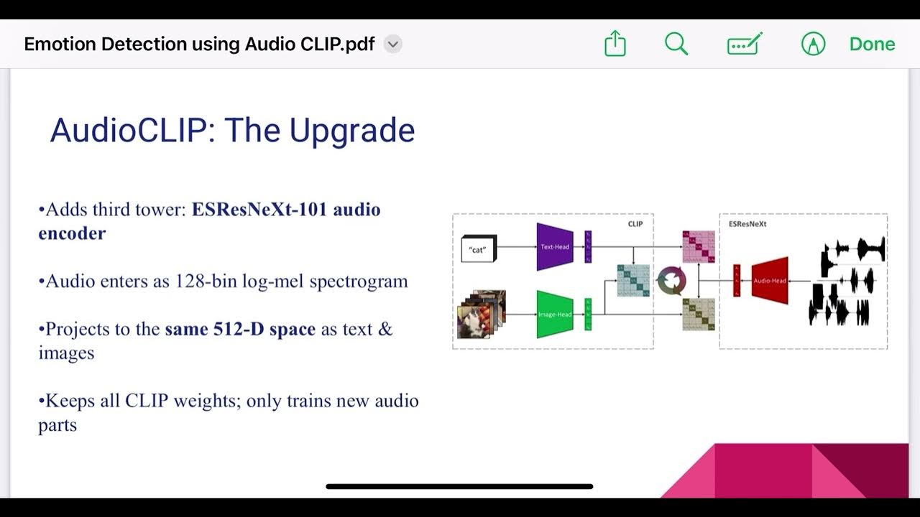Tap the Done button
point(872,45)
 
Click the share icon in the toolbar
point(615,45)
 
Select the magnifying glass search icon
point(676,45)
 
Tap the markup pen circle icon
point(813,45)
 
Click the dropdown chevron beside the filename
point(392,45)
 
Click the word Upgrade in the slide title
point(352,131)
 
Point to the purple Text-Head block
point(555,247)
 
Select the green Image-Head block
point(555,315)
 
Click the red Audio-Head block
point(770,281)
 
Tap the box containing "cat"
point(478,249)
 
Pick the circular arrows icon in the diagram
point(672,281)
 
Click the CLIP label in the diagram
point(635,224)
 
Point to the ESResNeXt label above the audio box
point(747,224)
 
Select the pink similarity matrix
point(699,247)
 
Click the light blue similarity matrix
point(633,281)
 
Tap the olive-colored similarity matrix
point(699,314)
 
